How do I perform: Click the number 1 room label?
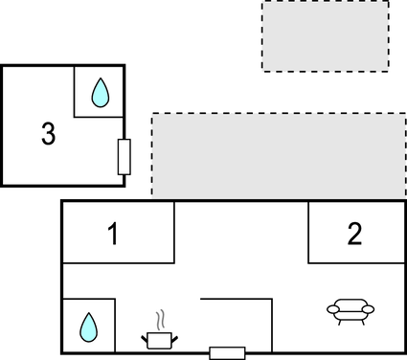click(113, 234)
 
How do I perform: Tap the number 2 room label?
click(355, 234)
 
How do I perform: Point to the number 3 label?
click(48, 134)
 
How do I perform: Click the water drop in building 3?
click(100, 92)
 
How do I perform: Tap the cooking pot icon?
click(159, 339)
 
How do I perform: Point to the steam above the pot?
click(161, 318)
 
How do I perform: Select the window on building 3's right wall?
click(124, 156)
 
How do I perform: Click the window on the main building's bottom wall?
click(227, 352)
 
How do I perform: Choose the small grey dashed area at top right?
click(326, 35)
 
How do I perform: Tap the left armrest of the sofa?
click(332, 309)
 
